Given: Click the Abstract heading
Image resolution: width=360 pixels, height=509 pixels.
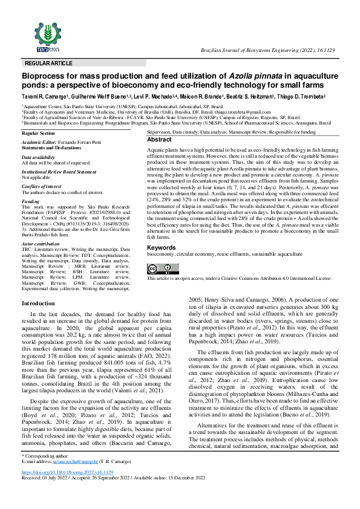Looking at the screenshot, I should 160,140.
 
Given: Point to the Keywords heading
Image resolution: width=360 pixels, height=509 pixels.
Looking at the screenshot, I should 162,248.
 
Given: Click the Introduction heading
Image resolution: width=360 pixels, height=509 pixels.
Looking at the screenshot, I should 38,303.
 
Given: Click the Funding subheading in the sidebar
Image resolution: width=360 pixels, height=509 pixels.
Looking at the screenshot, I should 30,200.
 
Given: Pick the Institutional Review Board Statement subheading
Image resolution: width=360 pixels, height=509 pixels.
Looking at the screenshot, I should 59,172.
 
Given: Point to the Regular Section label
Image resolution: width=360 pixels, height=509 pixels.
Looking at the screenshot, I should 38,133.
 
